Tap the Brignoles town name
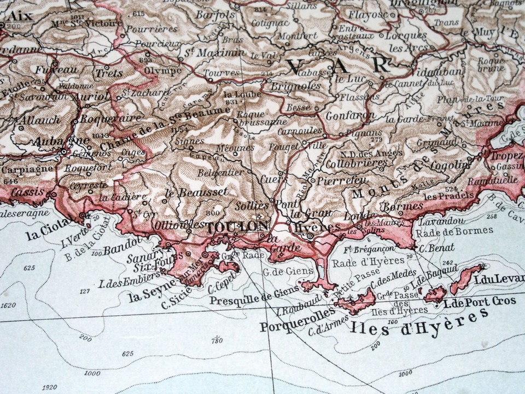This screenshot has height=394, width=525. point(294,86)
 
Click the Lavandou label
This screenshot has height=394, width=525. point(441,221)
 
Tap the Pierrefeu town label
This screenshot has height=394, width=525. point(342,179)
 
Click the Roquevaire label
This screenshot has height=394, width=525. point(103,118)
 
